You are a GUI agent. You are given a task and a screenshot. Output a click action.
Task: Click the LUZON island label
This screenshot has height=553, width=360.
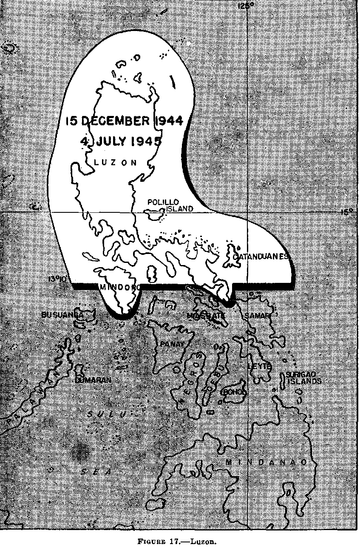115,162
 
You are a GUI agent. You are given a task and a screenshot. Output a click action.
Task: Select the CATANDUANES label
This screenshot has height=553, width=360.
261,257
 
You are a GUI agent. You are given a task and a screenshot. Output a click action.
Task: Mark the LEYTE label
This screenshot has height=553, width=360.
259,366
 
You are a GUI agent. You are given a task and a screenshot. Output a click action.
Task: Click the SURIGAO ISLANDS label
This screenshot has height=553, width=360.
303,378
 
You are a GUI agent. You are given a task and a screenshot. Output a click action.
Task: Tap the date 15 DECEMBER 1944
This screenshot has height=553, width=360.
124,121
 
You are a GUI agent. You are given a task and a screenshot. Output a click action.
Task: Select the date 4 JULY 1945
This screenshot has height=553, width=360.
121,141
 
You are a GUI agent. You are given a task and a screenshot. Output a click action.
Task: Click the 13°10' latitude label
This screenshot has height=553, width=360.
56,279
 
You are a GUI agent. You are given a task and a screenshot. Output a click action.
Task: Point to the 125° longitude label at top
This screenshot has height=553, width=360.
246,6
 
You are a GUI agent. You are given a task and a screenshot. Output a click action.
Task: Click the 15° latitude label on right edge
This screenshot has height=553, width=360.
348,211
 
